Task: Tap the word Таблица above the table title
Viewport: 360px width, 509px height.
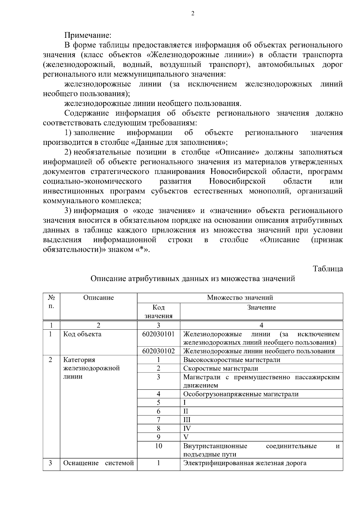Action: coord(328,268)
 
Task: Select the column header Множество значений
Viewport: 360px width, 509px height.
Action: coord(240,298)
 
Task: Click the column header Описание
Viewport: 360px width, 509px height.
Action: coord(98,298)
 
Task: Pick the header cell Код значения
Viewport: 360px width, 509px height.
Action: coord(158,311)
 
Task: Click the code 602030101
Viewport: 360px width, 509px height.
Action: coord(158,334)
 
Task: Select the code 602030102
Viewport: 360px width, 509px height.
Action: coord(158,351)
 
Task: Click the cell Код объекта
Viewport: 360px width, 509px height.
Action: coord(82,334)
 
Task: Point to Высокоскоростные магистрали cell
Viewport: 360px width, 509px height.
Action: coord(232,360)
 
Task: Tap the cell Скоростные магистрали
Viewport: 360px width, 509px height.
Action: coord(220,368)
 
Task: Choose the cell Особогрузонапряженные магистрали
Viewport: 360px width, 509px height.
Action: coord(241,394)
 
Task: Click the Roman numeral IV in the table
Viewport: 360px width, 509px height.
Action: coord(187,428)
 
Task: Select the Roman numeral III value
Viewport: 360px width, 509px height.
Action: coord(187,420)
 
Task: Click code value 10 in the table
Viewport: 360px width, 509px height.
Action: coord(158,446)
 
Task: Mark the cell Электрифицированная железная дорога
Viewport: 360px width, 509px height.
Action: coord(245,463)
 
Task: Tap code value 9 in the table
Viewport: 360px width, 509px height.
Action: coord(158,437)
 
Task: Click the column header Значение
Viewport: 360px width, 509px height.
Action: coord(261,307)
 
